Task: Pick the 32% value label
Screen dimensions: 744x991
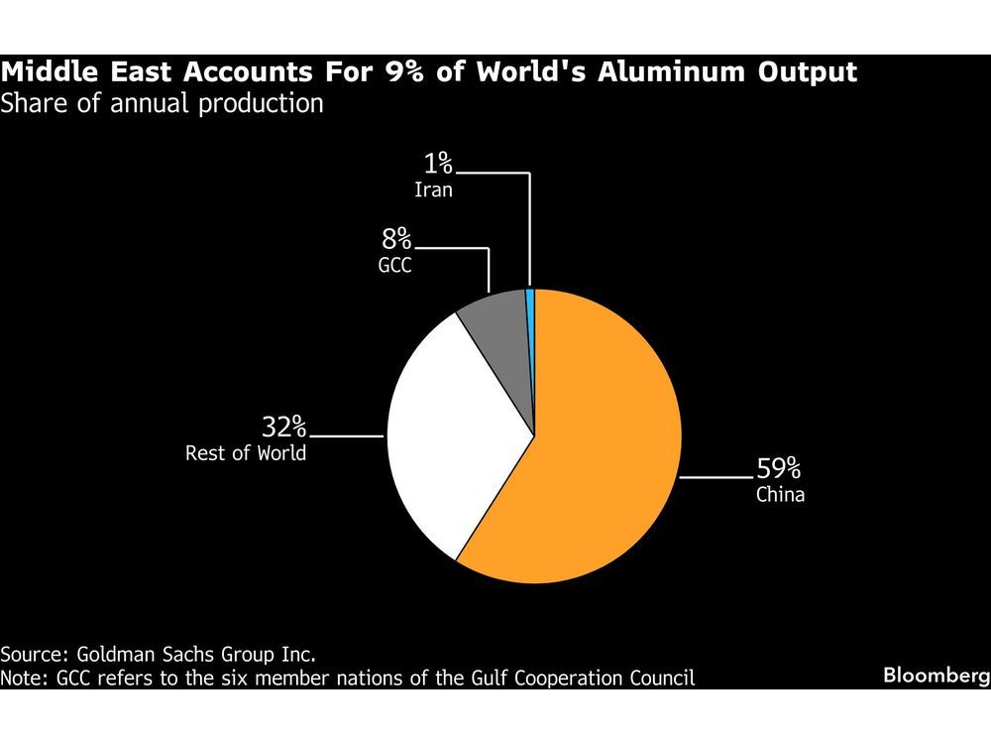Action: [283, 429]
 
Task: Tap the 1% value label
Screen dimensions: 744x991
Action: [434, 162]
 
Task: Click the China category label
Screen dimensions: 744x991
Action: [780, 494]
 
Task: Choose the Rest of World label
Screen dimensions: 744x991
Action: [246, 454]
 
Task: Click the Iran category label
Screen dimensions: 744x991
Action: [433, 188]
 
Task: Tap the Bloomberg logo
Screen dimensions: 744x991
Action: [936, 675]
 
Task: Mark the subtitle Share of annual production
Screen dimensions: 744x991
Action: [162, 102]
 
